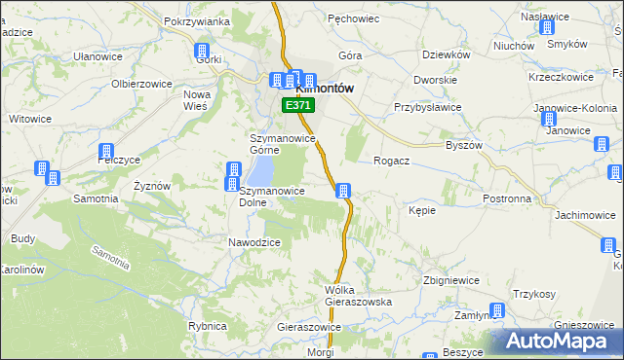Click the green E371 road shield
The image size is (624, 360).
tap(296, 104)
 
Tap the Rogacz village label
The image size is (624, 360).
tap(391, 162)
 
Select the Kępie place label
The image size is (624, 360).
tap(422, 210)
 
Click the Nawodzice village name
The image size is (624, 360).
tap(254, 242)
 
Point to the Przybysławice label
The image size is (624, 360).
tap(426, 108)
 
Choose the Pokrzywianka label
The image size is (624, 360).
tap(196, 21)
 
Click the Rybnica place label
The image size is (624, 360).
tap(207, 327)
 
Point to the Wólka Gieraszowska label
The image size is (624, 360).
tap(358, 296)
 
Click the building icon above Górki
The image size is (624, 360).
tap(203, 52)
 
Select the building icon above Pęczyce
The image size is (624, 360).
tap(104, 152)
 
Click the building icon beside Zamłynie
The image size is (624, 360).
tap(497, 311)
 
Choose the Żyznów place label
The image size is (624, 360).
tap(152, 186)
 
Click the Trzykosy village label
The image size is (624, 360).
tap(534, 295)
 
